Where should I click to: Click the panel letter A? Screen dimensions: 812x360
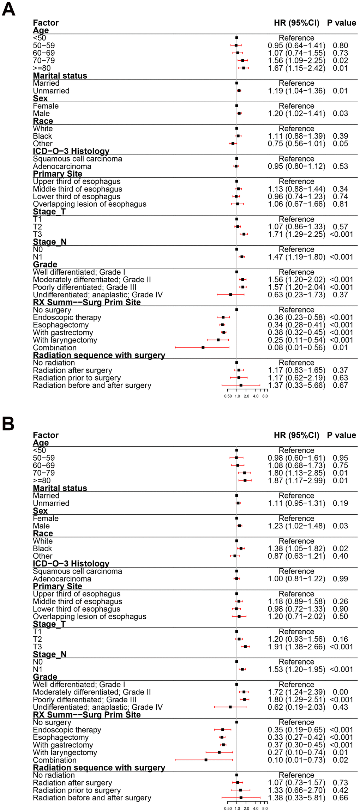(x=8, y=9)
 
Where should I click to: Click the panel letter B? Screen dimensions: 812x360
(x=8, y=424)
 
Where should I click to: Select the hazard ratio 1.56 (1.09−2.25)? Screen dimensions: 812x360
(x=296, y=61)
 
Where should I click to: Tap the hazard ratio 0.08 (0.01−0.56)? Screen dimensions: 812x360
(x=296, y=348)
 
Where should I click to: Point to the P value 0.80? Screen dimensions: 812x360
(x=340, y=46)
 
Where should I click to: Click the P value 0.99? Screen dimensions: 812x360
(x=340, y=579)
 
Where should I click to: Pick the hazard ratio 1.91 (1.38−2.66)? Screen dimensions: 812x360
(x=296, y=647)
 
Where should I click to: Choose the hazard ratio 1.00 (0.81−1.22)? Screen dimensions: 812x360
(x=296, y=579)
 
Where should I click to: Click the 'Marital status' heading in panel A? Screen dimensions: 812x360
(x=60, y=76)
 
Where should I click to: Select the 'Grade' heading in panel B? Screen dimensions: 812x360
(x=45, y=677)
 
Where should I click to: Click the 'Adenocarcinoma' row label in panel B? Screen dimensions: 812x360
(x=62, y=579)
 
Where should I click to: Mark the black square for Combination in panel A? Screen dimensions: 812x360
(x=203, y=348)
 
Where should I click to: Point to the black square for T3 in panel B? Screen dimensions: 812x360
(x=245, y=647)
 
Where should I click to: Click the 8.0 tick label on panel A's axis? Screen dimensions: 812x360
(x=265, y=396)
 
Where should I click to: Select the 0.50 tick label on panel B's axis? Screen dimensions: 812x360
(x=228, y=808)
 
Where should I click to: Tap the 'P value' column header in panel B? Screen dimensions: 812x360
(x=341, y=435)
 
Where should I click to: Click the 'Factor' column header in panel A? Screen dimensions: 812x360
(x=46, y=23)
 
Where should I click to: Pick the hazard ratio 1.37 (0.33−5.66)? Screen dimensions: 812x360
(x=296, y=386)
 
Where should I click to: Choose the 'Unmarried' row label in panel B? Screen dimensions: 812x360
(x=51, y=503)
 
